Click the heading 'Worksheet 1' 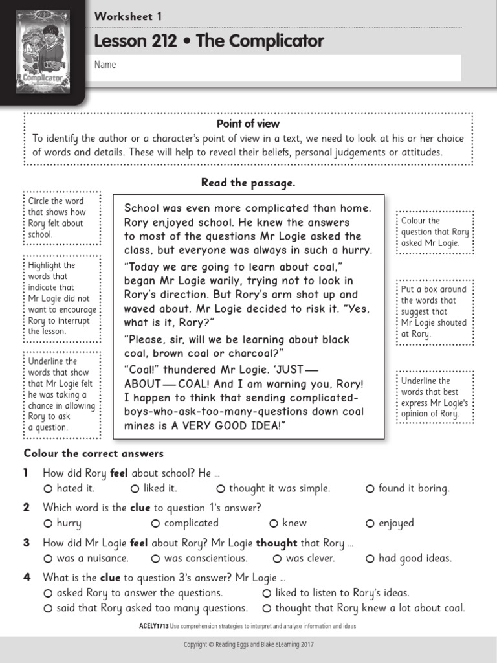(128, 17)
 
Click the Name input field (278, 66)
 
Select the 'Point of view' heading (248, 123)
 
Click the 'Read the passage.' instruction (248, 183)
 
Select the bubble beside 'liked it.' (135, 489)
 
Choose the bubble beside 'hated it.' (48, 489)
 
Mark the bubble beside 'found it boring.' (370, 489)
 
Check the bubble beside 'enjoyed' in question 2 (370, 523)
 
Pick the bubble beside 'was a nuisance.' (48, 558)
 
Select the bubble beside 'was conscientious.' (155, 558)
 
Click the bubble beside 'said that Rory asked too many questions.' (48, 608)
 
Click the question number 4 (27, 578)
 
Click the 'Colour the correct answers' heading (94, 453)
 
